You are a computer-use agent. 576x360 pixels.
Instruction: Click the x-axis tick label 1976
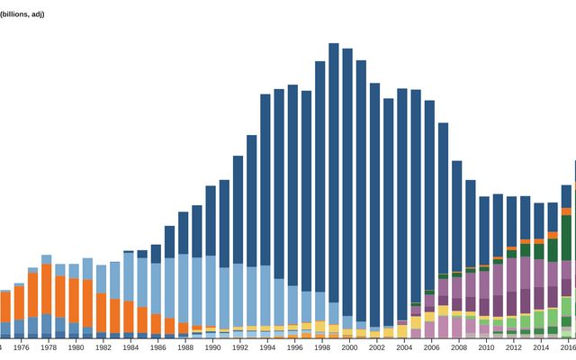coord(22,347)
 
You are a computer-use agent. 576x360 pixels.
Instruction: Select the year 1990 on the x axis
coord(211,347)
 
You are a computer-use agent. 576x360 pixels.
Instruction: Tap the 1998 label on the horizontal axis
coord(321,347)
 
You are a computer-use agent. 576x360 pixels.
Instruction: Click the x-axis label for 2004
coord(404,347)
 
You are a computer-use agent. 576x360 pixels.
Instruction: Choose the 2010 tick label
coord(486,347)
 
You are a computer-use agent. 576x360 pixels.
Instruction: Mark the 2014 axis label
coord(540,347)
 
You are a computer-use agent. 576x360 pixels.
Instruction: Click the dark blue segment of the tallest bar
coord(334,171)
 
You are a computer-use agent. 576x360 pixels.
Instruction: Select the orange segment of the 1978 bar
coord(46,288)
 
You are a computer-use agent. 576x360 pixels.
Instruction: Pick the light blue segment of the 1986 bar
coord(156,288)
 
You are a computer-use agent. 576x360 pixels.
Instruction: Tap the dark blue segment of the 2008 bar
coord(457,216)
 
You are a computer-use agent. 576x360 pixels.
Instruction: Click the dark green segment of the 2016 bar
coord(567,238)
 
